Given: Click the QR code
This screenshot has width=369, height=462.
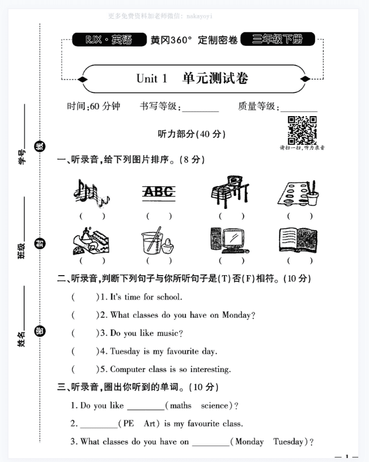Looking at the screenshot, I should tap(302, 130).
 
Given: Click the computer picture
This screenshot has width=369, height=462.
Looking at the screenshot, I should tap(229, 240).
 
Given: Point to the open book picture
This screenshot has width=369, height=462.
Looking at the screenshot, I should tap(298, 240).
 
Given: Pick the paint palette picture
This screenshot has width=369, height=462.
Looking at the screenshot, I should tap(298, 193).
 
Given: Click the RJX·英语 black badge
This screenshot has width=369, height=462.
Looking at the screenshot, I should tap(108, 40).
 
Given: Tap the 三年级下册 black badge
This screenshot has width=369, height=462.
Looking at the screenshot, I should tap(277, 40).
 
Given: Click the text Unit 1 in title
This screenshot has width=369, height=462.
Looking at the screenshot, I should tap(152, 79).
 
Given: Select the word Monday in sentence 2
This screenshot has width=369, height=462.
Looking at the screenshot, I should tap(237, 315).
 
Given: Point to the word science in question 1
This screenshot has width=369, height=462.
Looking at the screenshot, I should tap(215, 406).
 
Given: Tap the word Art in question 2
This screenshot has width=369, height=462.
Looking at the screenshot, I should tap(149, 423).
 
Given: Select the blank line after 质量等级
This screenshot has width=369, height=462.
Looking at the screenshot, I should tap(299, 107).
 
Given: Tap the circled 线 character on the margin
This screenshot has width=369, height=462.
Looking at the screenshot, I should tap(40, 147).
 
